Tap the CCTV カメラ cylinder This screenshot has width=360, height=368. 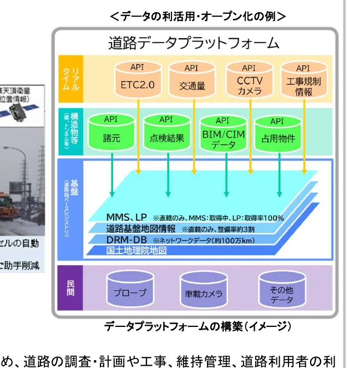249,81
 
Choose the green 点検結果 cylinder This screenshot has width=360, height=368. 166,132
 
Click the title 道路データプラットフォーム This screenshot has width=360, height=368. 194,43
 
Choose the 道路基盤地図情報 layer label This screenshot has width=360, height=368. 141,228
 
